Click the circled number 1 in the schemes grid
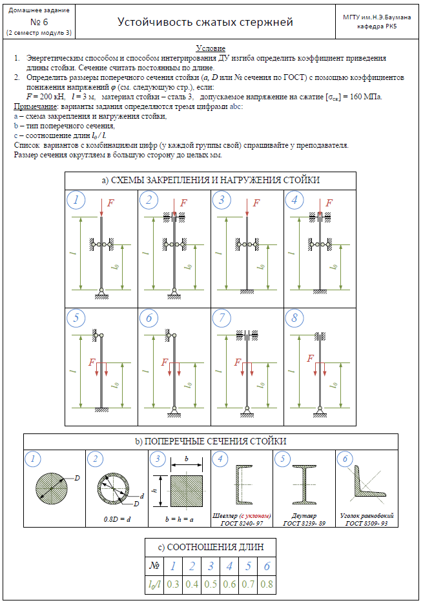tap(77, 201)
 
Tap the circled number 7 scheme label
tap(222, 318)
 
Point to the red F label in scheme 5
tap(92, 362)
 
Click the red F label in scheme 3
tap(256, 203)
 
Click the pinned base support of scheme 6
tap(175, 411)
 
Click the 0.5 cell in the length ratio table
tap(211, 584)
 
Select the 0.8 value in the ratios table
tap(267, 584)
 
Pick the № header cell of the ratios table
tap(154, 566)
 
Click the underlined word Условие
tap(211, 48)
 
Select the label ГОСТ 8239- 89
tap(304, 523)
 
